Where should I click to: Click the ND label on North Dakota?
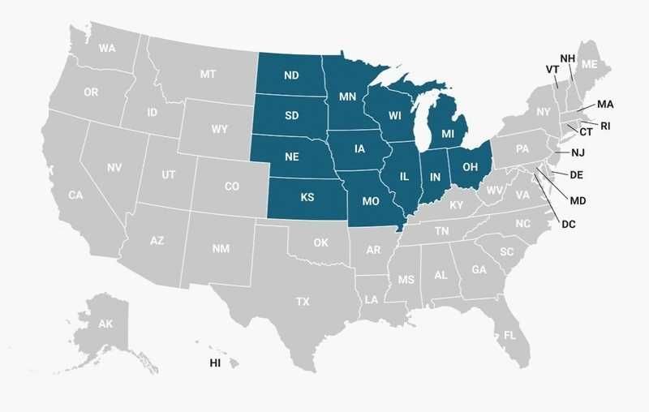click(x=291, y=75)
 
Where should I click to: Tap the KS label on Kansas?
click(x=307, y=197)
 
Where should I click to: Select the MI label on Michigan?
click(x=448, y=133)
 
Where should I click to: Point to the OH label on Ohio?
click(x=470, y=167)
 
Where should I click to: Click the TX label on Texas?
click(x=303, y=302)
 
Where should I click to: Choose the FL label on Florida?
click(x=509, y=335)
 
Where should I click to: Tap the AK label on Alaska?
click(x=105, y=324)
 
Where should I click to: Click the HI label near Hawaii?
click(x=215, y=363)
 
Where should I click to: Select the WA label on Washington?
click(x=107, y=48)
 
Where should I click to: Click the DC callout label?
click(x=568, y=224)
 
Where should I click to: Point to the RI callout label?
click(x=605, y=126)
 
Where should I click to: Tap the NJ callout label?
click(x=578, y=152)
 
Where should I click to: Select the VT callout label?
click(x=552, y=70)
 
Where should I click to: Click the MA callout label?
click(x=605, y=105)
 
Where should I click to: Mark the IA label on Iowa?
click(x=359, y=148)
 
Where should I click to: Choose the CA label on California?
click(x=75, y=195)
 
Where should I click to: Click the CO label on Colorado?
click(x=232, y=186)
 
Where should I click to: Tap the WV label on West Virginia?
click(x=495, y=191)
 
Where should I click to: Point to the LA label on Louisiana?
click(x=372, y=299)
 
